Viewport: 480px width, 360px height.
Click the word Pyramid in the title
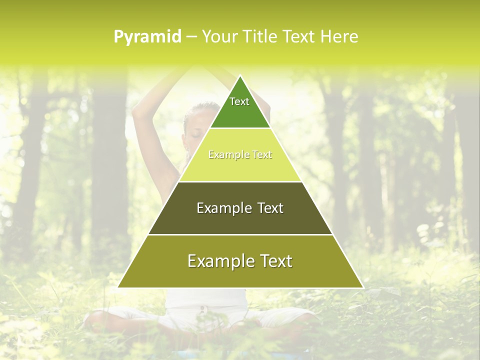coord(147,37)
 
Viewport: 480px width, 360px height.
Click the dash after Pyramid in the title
coord(191,37)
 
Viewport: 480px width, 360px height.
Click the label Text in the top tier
coord(239,101)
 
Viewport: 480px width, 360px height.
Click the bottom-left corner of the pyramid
coord(118,287)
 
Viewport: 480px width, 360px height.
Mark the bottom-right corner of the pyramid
coord(362,287)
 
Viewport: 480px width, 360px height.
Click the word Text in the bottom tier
coord(274,261)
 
